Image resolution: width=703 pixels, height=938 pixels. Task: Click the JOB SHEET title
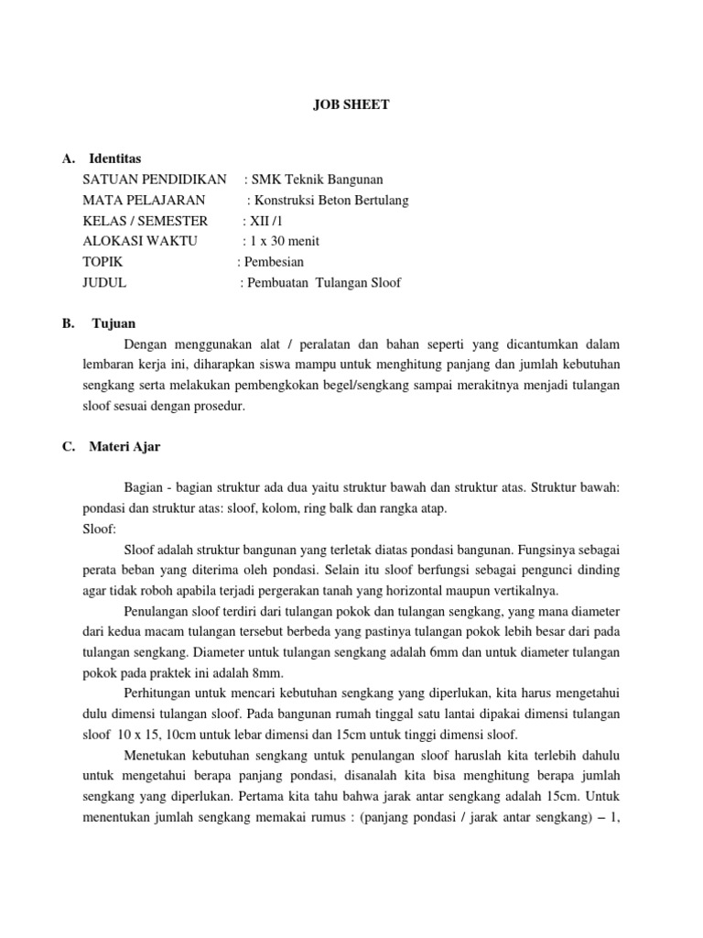pos(351,105)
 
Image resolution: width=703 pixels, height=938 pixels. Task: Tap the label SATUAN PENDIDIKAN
pos(154,180)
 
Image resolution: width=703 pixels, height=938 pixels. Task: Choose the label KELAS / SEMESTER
pos(145,221)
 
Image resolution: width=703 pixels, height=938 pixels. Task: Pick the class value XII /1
pos(268,221)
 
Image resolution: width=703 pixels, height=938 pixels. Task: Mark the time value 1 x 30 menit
pos(285,242)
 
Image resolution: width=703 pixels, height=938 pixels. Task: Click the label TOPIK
pos(102,262)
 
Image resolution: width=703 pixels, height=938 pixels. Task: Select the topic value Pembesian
pos(274,262)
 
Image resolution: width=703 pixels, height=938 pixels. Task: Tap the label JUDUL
pos(104,283)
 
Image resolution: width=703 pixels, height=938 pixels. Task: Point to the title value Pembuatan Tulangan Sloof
pos(324,283)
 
